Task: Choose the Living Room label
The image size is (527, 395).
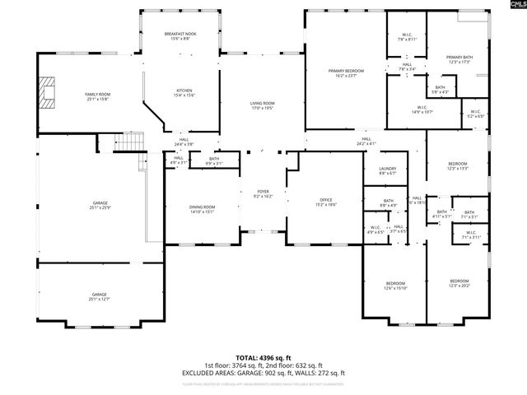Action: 263,105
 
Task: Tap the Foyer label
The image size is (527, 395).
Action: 263,194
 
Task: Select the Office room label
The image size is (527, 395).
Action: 325,202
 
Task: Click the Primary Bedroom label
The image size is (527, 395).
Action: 346,74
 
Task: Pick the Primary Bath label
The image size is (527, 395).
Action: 458,59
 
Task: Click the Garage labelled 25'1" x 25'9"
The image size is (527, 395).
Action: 100,205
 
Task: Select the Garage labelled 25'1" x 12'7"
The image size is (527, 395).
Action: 100,297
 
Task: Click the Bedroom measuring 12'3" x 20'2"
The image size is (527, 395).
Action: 459,283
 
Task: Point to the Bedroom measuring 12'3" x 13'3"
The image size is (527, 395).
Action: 458,166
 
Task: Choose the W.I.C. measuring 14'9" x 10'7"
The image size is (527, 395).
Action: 422,109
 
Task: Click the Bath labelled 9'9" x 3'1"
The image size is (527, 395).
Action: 214,161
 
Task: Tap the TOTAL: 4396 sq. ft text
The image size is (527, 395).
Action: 263,359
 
